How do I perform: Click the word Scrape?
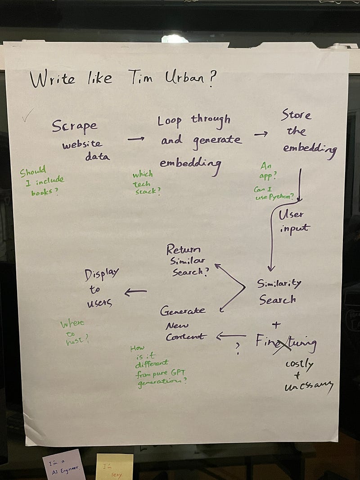pos(74,126)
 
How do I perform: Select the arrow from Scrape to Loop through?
pos(135,139)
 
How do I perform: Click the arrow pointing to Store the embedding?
pos(261,134)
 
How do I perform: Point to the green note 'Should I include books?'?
pos(41,181)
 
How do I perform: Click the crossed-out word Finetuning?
pos(286,343)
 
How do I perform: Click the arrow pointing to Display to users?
pos(135,292)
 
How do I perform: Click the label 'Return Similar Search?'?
pos(187,260)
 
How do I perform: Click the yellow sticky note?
pos(114,467)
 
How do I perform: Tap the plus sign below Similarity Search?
pos(276,324)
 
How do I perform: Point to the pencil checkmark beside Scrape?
pos(27,117)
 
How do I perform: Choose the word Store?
pos(296,115)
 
